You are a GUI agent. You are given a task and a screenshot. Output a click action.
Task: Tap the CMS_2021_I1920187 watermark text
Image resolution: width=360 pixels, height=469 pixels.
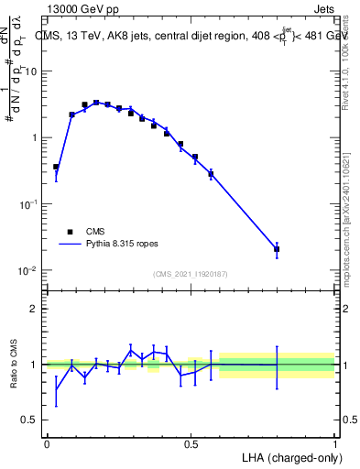[x=191, y=274]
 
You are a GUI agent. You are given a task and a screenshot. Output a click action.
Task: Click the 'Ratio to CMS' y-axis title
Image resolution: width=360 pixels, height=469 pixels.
[x=14, y=364]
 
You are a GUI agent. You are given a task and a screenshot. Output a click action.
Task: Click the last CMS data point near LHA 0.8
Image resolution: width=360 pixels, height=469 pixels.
[x=277, y=249]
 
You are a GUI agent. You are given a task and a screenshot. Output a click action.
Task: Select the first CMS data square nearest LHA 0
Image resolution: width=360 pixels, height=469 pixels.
[x=56, y=168]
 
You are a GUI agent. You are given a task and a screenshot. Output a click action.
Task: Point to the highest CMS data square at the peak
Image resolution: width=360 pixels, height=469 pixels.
[x=96, y=103]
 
